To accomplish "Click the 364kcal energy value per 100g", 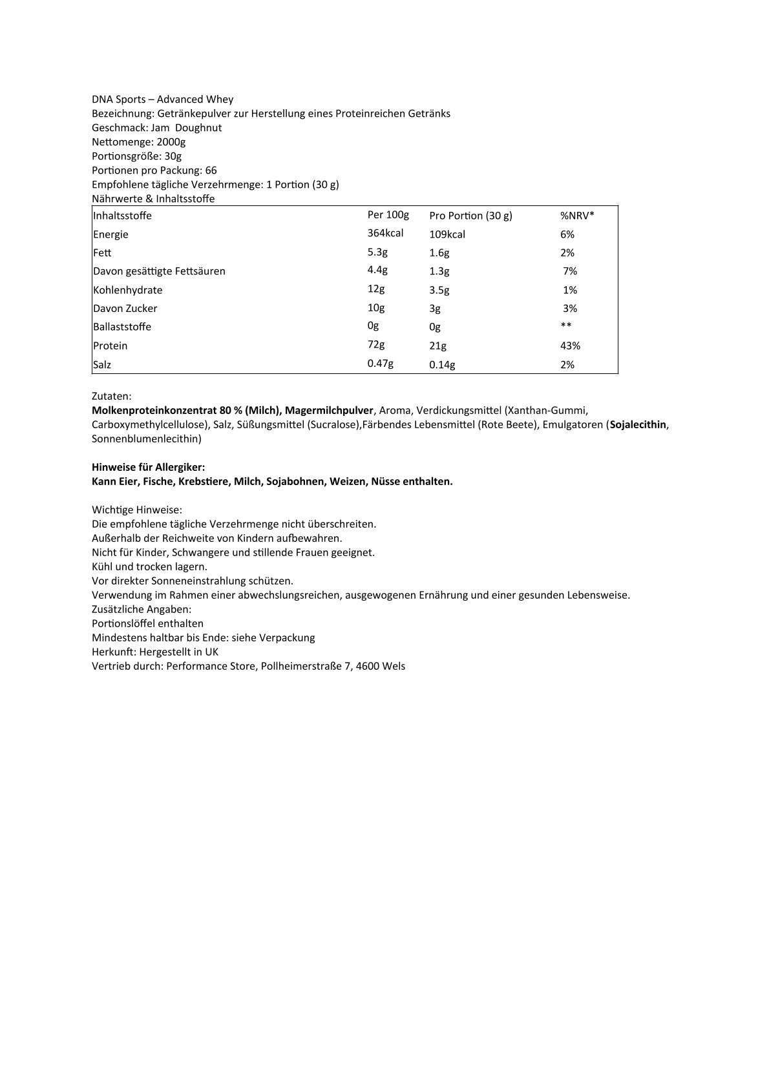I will pyautogui.click(x=385, y=233).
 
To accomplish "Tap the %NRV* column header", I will pyautogui.click(x=577, y=215).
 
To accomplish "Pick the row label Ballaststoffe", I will pyautogui.click(x=122, y=327).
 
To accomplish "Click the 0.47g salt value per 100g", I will pyautogui.click(x=381, y=364).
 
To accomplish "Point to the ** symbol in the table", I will pyautogui.click(x=566, y=326).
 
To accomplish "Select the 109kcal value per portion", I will pyautogui.click(x=447, y=234).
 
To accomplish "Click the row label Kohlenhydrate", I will pyautogui.click(x=128, y=290).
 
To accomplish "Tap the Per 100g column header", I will pyautogui.click(x=388, y=214).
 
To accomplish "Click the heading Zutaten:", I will pyautogui.click(x=112, y=396).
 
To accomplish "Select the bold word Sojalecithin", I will pyautogui.click(x=638, y=424).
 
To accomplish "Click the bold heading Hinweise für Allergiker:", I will pyautogui.click(x=149, y=467).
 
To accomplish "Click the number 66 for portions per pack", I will pyautogui.click(x=211, y=170).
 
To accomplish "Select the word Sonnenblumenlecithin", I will pyautogui.click(x=147, y=439).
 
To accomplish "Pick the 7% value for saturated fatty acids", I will pyautogui.click(x=570, y=271).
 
